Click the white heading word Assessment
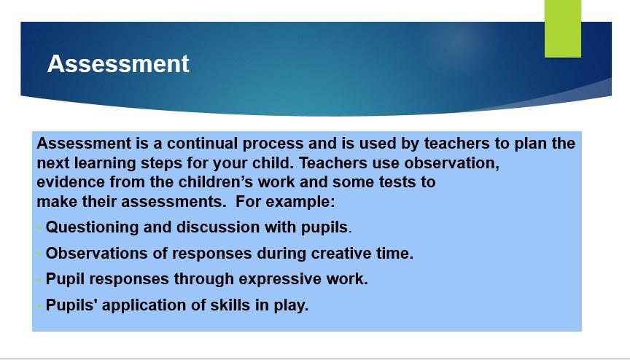pos(118,63)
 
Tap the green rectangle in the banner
pos(562,28)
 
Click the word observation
pos(451,163)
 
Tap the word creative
pos(341,254)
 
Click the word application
pos(144,305)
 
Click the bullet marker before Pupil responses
pos(39,280)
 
